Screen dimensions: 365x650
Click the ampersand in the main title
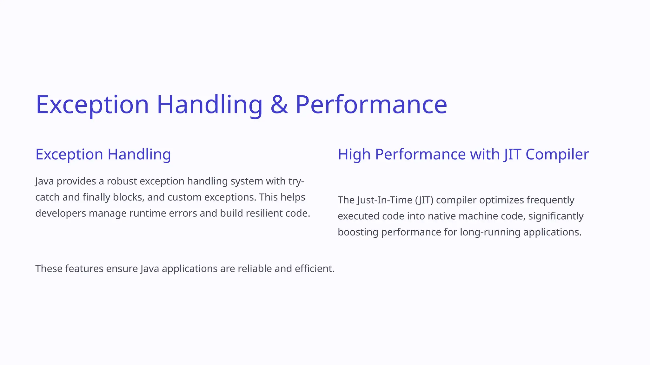(279, 105)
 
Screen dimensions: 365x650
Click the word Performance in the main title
(371, 105)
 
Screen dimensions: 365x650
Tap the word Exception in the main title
(92, 105)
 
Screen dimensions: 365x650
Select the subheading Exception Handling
(103, 155)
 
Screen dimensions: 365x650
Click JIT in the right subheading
(512, 155)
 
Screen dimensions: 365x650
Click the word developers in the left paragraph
(61, 213)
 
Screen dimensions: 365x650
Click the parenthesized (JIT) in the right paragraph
(424, 200)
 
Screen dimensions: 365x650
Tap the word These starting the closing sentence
(49, 269)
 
